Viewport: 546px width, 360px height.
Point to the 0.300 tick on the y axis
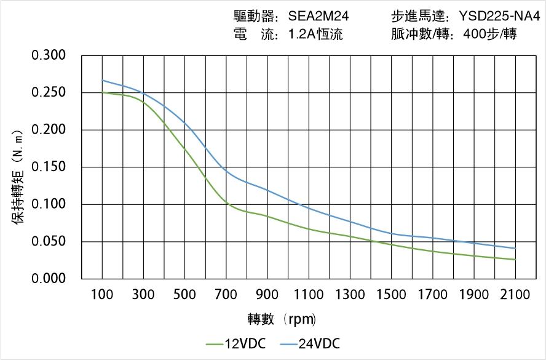[x=49, y=56]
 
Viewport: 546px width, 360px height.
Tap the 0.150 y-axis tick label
[x=49, y=167]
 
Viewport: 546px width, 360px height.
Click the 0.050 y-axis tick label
[x=49, y=242]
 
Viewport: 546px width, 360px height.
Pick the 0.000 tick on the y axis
[x=49, y=279]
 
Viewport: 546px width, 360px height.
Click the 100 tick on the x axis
[x=102, y=295]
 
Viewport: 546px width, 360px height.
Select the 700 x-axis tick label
[x=226, y=295]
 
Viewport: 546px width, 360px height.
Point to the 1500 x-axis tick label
[x=391, y=295]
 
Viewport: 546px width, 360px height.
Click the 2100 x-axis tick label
[x=515, y=295]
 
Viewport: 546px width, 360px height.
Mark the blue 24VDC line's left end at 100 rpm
[x=102, y=80]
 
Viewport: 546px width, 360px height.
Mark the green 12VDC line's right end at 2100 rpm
[x=515, y=260]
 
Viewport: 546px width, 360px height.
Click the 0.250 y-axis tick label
[x=49, y=93]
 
